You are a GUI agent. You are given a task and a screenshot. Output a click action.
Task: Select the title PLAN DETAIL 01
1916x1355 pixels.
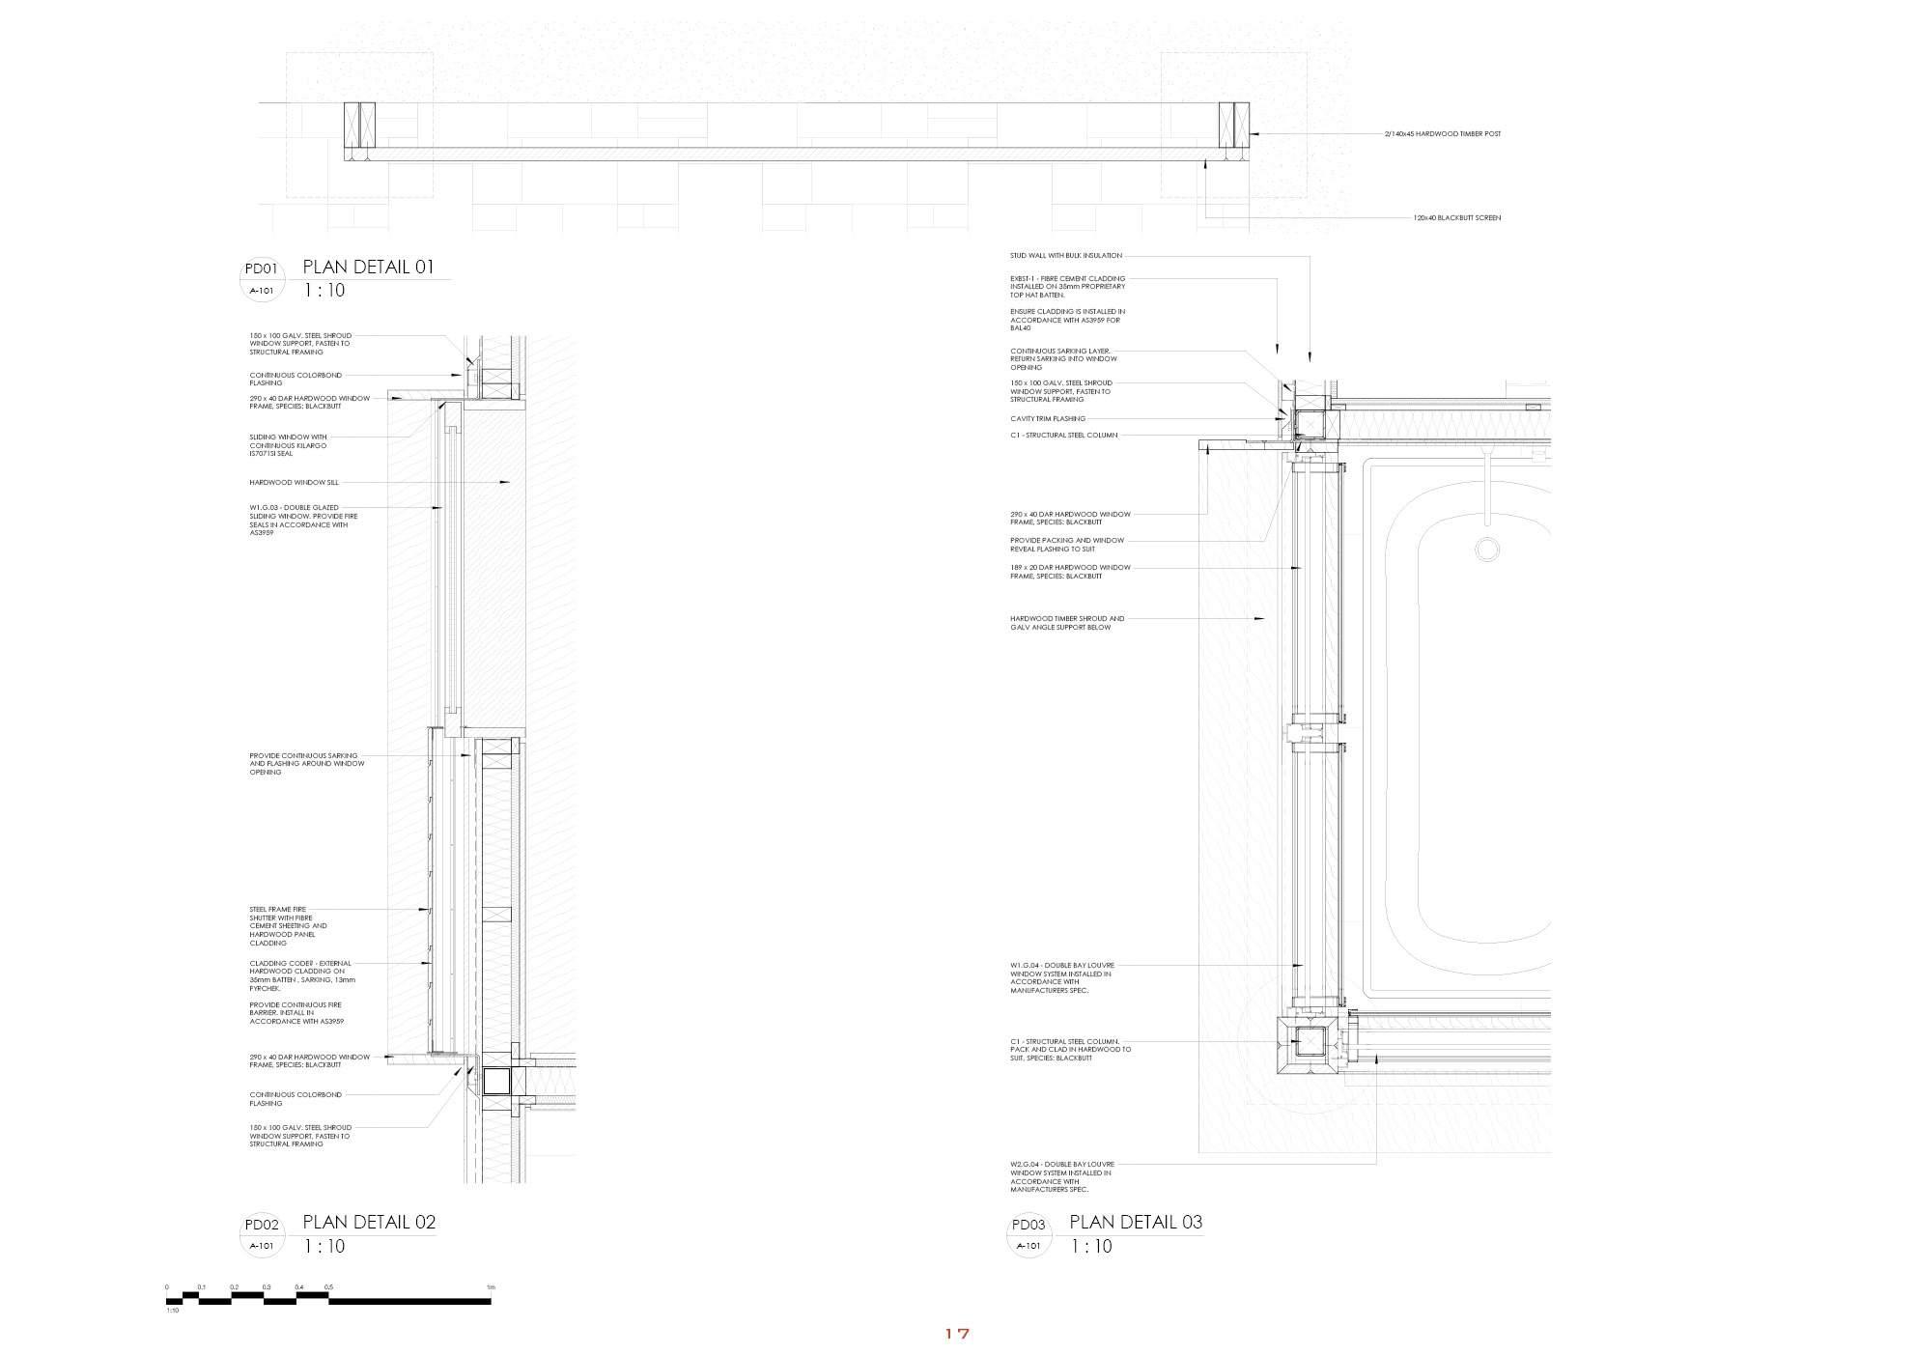point(369,268)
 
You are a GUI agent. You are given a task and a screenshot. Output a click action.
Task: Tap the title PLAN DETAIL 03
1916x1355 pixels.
point(1136,1222)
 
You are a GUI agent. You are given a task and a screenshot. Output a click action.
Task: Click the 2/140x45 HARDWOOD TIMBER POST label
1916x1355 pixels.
point(1442,133)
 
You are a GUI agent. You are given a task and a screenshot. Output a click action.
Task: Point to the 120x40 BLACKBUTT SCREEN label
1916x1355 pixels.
point(1456,218)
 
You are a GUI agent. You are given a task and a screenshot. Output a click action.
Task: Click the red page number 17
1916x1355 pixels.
point(956,1334)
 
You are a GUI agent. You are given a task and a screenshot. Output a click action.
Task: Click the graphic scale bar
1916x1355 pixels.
point(328,1300)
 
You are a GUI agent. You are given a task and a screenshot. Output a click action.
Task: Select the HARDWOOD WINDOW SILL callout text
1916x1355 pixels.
point(294,482)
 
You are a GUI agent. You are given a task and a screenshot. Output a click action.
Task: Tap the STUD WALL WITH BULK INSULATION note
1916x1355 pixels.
point(1066,256)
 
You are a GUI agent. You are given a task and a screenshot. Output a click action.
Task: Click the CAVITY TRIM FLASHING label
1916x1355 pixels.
point(1048,419)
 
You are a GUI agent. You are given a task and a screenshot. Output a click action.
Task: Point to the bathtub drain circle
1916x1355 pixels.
point(1487,550)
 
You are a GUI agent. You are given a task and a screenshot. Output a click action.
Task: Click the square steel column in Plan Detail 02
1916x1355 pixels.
point(495,1081)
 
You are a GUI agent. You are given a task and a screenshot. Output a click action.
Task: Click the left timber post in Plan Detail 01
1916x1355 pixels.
point(359,129)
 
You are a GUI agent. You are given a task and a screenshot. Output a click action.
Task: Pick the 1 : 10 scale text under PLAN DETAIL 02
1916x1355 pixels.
point(324,1247)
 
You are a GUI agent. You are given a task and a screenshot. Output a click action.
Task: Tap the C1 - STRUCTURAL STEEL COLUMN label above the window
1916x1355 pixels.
point(1063,436)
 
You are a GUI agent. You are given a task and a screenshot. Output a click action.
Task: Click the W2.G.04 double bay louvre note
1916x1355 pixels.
point(1060,1176)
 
